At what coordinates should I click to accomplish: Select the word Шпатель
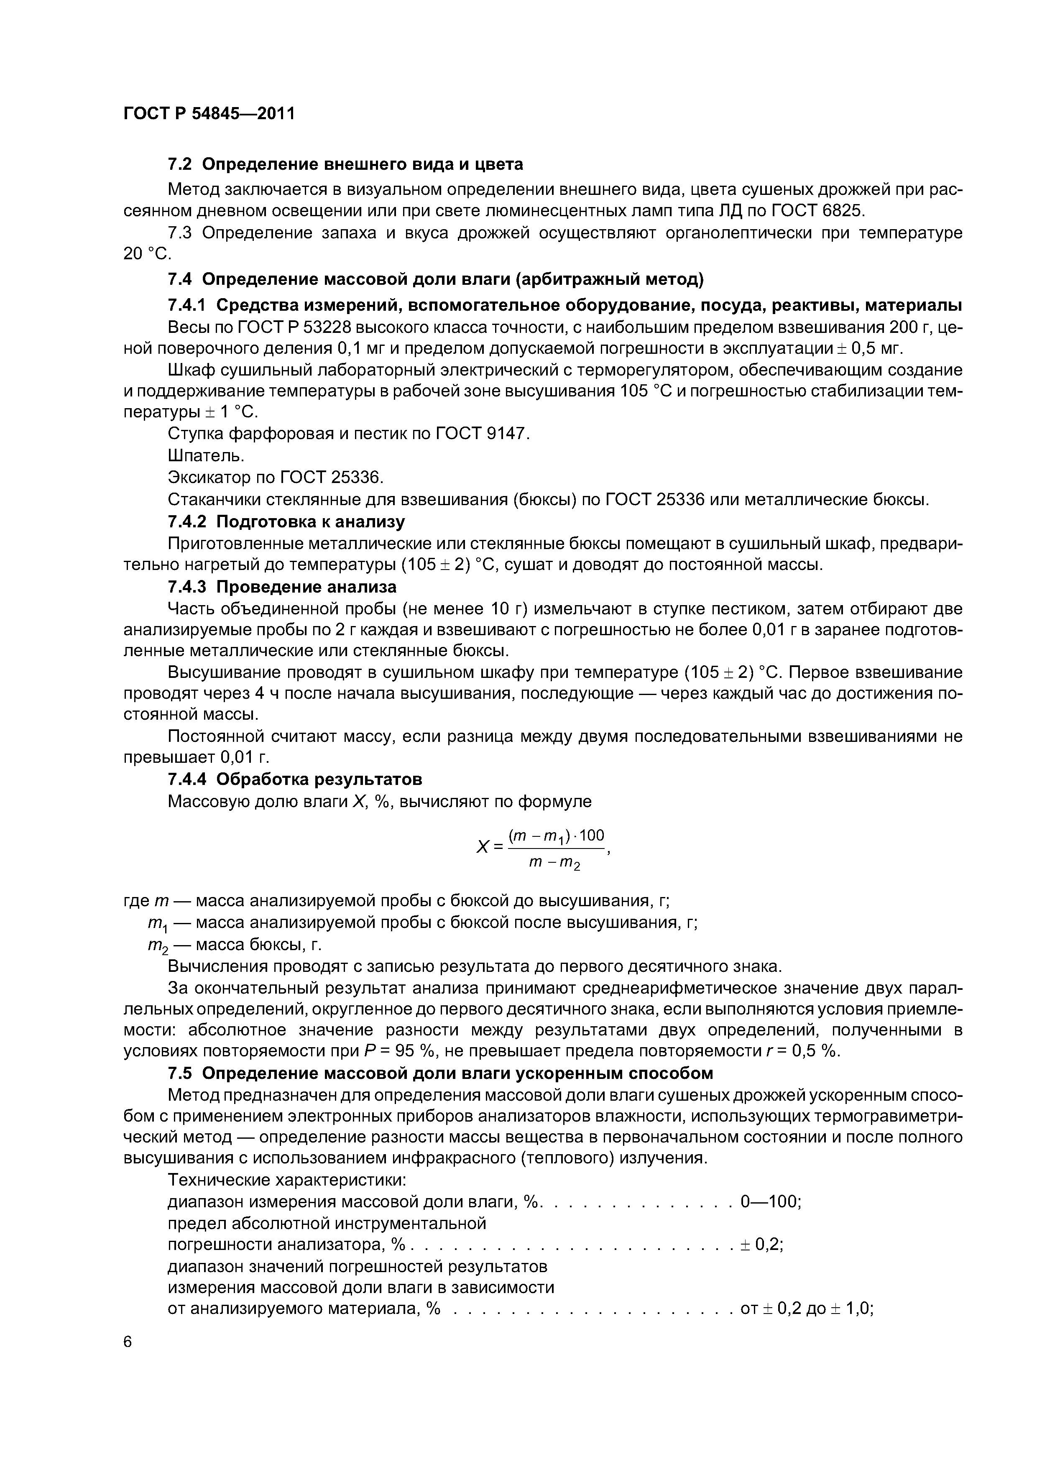(x=206, y=455)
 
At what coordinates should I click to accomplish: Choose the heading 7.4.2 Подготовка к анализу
(x=286, y=521)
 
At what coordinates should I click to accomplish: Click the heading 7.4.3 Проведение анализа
(x=281, y=587)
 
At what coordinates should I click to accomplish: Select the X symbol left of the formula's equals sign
(x=483, y=847)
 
